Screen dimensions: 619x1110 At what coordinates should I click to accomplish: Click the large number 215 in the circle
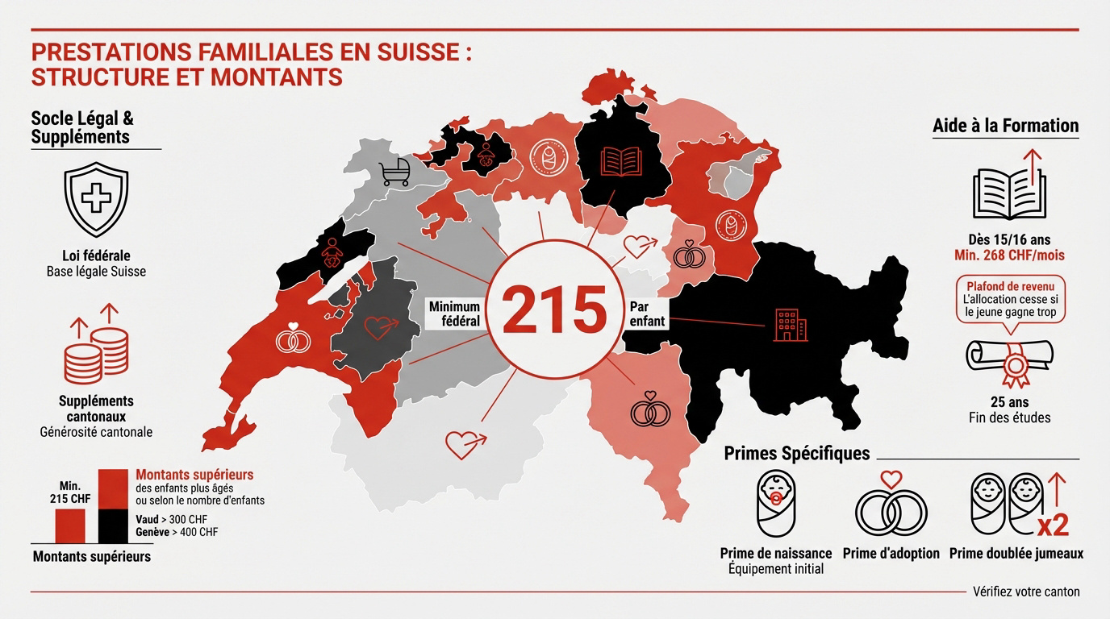554,310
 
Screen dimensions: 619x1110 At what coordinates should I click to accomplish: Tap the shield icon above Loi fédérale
96,198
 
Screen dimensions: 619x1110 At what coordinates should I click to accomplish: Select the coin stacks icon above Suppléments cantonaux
96,348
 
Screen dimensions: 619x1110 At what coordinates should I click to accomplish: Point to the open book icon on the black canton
620,161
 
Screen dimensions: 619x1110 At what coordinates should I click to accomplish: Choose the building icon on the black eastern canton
784,325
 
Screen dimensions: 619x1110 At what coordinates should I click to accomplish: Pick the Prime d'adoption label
891,554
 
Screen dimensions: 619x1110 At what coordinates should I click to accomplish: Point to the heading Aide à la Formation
1005,126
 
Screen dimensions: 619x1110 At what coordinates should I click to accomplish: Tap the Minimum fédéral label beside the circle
455,314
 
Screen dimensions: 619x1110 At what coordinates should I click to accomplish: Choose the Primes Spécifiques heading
797,453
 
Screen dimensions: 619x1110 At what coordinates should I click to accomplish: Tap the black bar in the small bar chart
113,526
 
